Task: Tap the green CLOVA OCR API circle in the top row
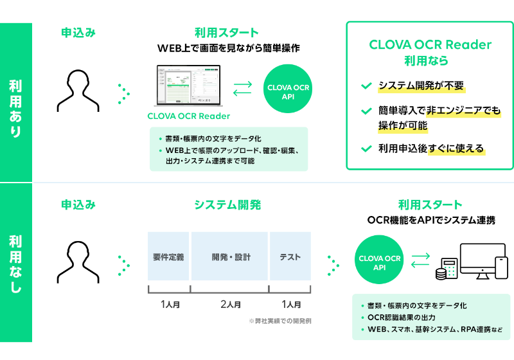click(288, 91)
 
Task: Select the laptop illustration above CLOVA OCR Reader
click(188, 87)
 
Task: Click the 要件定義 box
click(170, 256)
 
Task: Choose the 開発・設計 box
click(230, 256)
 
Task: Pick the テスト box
click(290, 256)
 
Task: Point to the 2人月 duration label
click(230, 303)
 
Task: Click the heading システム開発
click(227, 205)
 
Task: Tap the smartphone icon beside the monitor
click(501, 267)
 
